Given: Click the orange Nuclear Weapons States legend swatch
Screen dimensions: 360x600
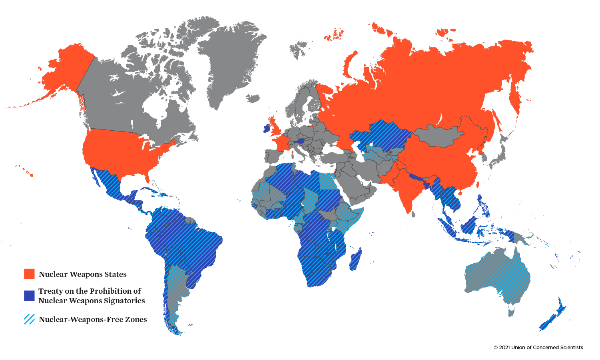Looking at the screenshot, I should pyautogui.click(x=29, y=274).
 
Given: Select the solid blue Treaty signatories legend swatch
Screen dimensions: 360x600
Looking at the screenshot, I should pyautogui.click(x=29, y=296).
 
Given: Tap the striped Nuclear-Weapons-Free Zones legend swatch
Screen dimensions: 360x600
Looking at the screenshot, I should pyautogui.click(x=29, y=319).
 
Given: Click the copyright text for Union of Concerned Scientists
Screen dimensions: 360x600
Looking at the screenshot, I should pyautogui.click(x=538, y=348).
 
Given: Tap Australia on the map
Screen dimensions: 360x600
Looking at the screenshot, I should pyautogui.click(x=498, y=276).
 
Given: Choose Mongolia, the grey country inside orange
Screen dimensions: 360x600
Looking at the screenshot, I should pyautogui.click(x=438, y=136).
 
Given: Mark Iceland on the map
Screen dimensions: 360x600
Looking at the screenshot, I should pyautogui.click(x=253, y=98).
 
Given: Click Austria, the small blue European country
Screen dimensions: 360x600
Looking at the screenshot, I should pyautogui.click(x=300, y=141).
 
